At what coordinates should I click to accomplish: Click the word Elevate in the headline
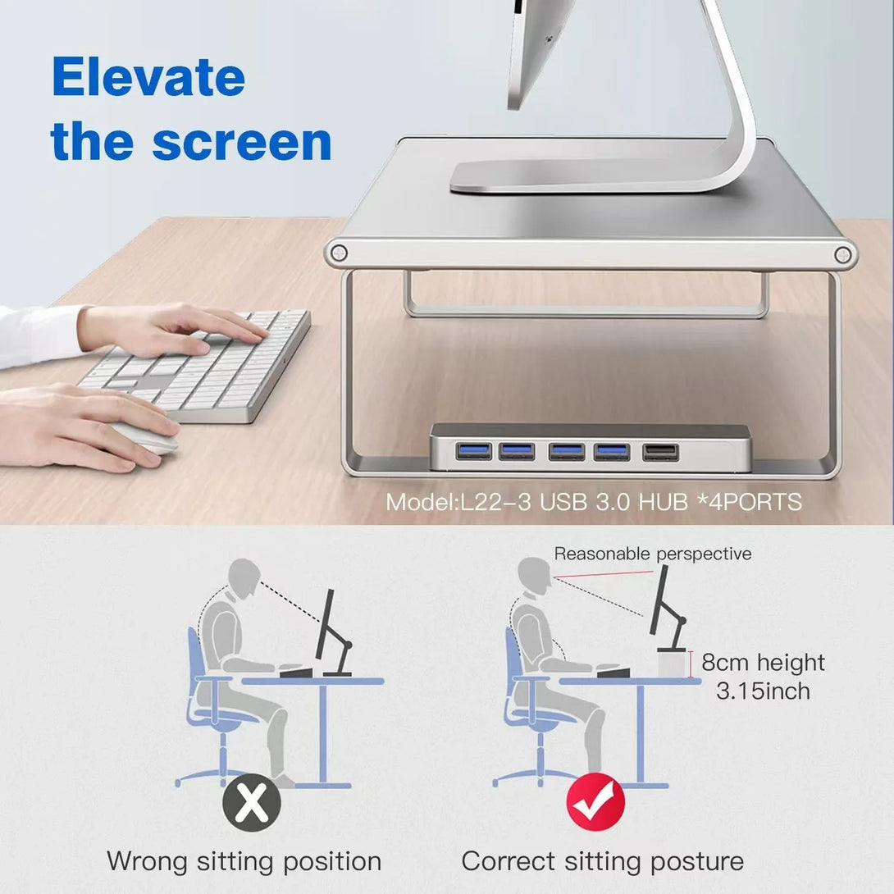[x=148, y=76]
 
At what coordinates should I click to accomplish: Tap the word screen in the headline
[x=242, y=142]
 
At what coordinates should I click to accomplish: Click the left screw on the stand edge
[x=339, y=252]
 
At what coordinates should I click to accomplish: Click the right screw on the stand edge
[x=842, y=254]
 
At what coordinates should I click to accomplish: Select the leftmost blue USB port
[x=473, y=451]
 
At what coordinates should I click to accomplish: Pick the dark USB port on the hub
[x=661, y=452]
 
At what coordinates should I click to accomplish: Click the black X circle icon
[x=252, y=803]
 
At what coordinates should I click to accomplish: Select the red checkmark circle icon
[x=595, y=802]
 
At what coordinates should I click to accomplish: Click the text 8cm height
[x=763, y=663]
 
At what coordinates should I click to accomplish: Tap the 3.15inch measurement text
[x=763, y=691]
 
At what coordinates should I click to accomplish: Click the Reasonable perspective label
[x=653, y=554]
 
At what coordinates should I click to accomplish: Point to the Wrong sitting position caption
[x=244, y=861]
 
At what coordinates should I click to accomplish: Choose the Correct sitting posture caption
[x=603, y=861]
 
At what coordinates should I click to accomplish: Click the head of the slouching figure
[x=244, y=578]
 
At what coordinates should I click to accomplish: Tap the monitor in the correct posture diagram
[x=661, y=600]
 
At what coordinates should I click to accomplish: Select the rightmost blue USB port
[x=612, y=452]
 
